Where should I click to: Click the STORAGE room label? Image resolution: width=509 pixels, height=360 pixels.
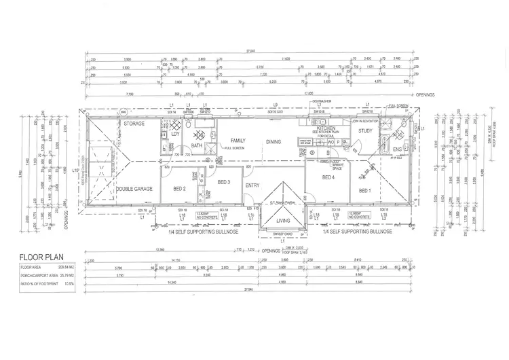134,124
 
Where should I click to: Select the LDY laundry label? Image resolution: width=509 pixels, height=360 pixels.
174,134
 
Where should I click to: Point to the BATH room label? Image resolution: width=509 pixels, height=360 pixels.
197,145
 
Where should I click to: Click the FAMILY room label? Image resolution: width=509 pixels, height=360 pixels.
237,141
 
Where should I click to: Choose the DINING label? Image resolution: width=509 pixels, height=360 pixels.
274,141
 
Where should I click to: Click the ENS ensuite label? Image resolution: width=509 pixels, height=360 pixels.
398,149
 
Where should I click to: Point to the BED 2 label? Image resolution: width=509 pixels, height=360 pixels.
180,188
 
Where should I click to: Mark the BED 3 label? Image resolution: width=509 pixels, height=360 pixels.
224,182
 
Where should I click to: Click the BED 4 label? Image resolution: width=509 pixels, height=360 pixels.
329,177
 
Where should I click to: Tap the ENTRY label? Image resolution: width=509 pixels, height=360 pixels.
252,185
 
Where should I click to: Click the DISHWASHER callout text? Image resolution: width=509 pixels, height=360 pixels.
321,100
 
